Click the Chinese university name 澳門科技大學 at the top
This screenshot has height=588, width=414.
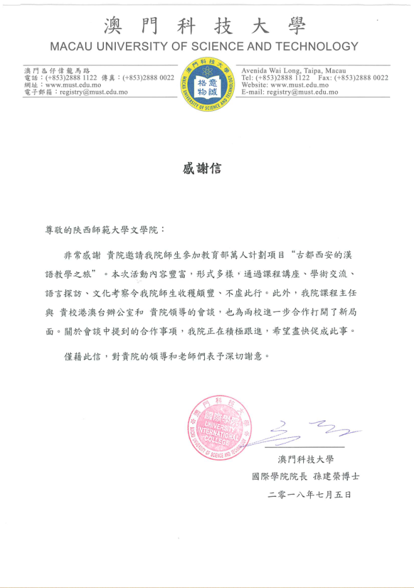pyautogui.click(x=204, y=25)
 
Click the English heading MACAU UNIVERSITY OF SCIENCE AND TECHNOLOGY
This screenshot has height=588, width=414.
pyautogui.click(x=204, y=46)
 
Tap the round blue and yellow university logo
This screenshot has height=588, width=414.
pyautogui.click(x=207, y=85)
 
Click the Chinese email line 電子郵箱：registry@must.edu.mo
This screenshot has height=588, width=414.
pyautogui.click(x=76, y=91)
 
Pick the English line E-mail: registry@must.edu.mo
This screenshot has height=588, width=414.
pyautogui.click(x=289, y=91)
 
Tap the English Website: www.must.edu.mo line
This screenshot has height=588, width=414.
pyautogui.click(x=285, y=85)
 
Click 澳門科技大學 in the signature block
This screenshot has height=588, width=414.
pyautogui.click(x=306, y=459)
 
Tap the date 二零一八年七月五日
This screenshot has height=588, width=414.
pyautogui.click(x=309, y=494)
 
